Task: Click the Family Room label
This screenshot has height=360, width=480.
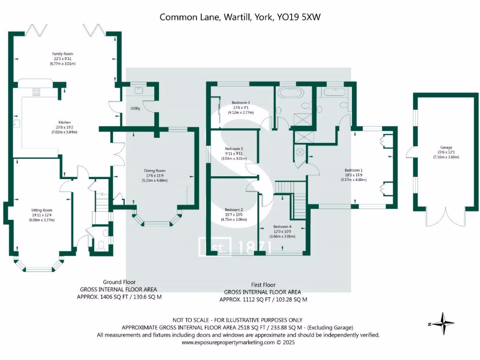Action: click(x=62, y=54)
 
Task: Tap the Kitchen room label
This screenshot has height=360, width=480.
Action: click(x=64, y=122)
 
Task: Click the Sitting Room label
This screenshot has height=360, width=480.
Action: click(x=41, y=210)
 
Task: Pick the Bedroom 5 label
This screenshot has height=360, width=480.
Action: click(x=234, y=149)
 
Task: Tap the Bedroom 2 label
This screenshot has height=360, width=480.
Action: click(x=233, y=210)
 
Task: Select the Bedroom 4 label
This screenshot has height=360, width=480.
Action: click(x=283, y=226)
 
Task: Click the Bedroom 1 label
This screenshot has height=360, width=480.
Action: click(x=353, y=170)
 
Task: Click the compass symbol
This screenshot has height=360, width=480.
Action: click(x=442, y=323)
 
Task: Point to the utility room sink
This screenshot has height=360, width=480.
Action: click(x=139, y=89)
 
